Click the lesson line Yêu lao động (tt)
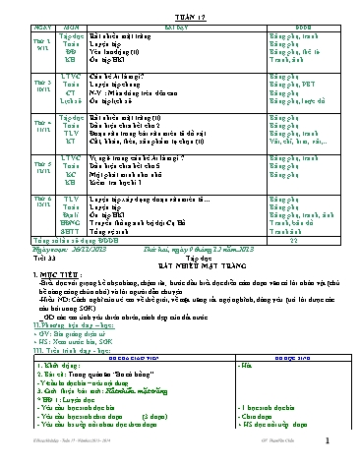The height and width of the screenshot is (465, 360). click(x=114, y=53)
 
